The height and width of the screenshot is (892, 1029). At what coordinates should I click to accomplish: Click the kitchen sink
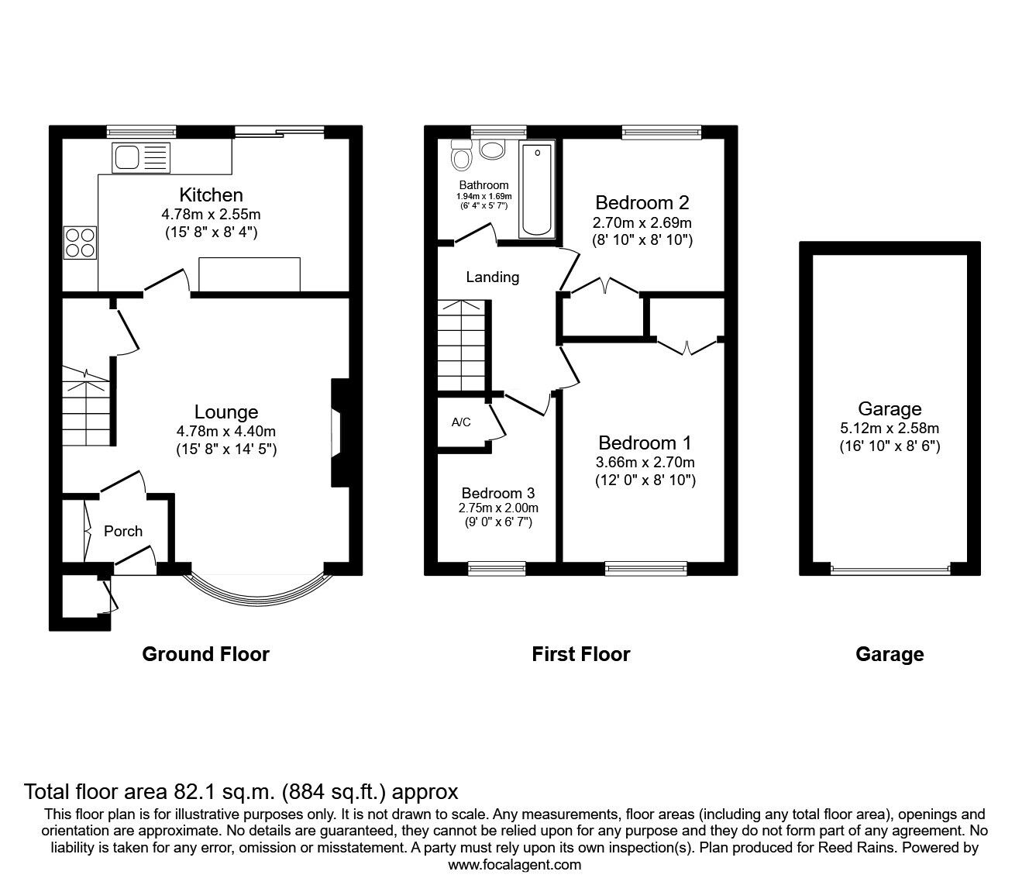(141, 157)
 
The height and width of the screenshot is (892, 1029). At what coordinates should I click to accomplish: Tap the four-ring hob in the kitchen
(80, 243)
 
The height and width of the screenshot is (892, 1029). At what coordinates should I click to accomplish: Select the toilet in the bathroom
(462, 154)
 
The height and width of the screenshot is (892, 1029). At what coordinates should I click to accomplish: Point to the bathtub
(537, 189)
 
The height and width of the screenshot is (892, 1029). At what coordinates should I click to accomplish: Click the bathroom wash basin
(492, 149)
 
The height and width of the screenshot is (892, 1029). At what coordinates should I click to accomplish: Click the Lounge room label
(226, 412)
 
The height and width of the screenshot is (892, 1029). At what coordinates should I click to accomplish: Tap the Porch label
(123, 531)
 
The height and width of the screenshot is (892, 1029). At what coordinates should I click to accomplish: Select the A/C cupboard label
(461, 422)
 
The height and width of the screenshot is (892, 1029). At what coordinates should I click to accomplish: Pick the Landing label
(492, 277)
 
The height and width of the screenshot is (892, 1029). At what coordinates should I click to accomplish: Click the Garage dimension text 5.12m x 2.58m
(890, 428)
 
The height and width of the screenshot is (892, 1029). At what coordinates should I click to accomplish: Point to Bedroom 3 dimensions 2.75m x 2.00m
(498, 508)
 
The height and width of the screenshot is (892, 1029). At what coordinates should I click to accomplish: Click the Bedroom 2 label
(642, 203)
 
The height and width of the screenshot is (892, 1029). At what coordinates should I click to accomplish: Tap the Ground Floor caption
(205, 654)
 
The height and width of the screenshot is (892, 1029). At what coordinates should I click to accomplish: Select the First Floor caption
(581, 654)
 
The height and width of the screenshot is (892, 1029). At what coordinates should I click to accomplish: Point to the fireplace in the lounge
(340, 432)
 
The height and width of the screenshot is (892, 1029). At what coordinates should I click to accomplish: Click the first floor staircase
(462, 345)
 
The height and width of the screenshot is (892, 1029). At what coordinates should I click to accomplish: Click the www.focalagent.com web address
(514, 865)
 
